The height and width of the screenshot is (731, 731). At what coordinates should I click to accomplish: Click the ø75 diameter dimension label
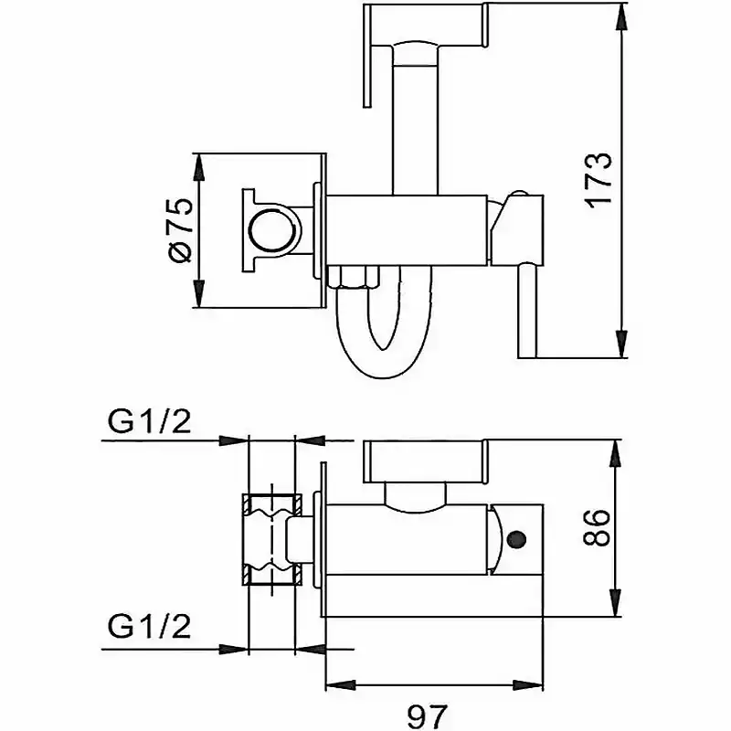pos(180,231)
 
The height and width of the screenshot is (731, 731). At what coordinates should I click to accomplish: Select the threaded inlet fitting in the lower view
pos(271,539)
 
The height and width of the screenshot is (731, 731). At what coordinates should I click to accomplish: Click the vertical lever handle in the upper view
pos(528,311)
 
